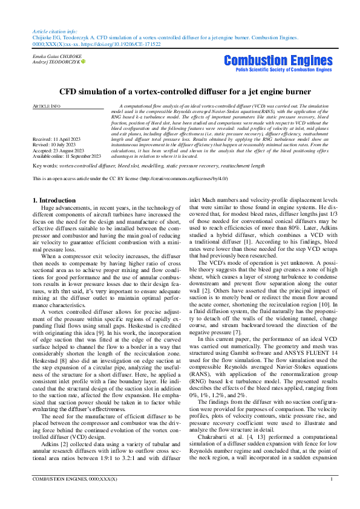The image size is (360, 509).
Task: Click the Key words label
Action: click(45, 165)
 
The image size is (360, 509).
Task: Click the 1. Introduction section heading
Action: click(54, 199)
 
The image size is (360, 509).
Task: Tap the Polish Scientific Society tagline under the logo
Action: click(278, 70)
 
